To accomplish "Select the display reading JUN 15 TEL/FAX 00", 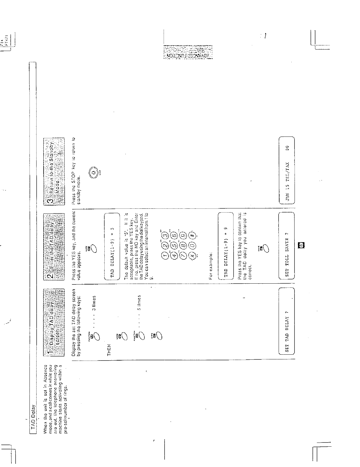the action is (287, 171).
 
